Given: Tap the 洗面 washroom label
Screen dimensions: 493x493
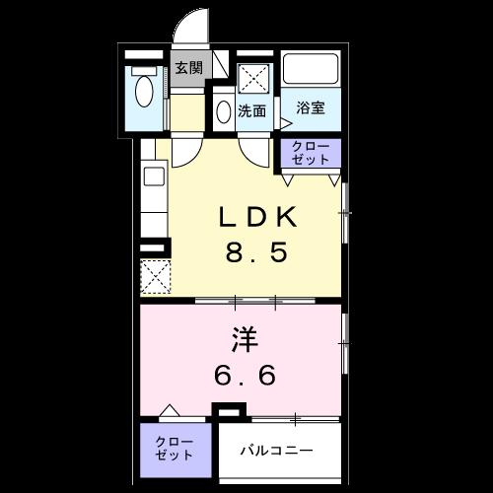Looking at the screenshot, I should (252, 110).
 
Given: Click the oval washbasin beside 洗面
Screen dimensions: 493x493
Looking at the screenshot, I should (224, 110).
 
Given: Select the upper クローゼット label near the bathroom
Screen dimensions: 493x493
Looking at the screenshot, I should (312, 153).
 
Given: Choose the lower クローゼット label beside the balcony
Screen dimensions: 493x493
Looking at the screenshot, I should (174, 450).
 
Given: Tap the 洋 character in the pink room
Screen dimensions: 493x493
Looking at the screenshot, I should (246, 341).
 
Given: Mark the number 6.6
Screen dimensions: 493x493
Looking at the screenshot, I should (246, 376).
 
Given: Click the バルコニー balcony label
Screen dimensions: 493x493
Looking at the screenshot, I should (279, 451).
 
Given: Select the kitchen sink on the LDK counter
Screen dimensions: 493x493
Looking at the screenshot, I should (154, 178).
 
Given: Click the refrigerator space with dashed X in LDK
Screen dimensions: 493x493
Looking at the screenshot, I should (155, 276).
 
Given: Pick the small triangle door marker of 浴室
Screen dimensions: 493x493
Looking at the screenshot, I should (286, 123).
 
